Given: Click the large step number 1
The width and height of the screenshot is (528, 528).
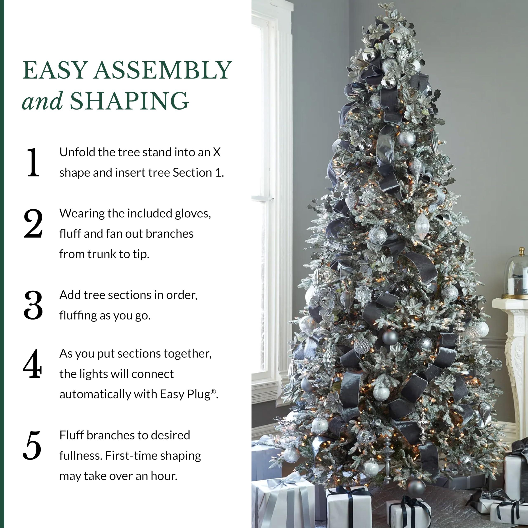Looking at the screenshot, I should pyautogui.click(x=33, y=162).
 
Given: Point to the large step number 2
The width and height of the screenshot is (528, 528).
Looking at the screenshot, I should pyautogui.click(x=33, y=224).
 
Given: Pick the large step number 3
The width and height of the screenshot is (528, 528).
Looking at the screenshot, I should pyautogui.click(x=33, y=305).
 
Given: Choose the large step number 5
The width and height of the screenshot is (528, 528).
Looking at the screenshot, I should pyautogui.click(x=32, y=445).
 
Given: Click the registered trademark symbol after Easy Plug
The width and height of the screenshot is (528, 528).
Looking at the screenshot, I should pyautogui.click(x=213, y=392).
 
